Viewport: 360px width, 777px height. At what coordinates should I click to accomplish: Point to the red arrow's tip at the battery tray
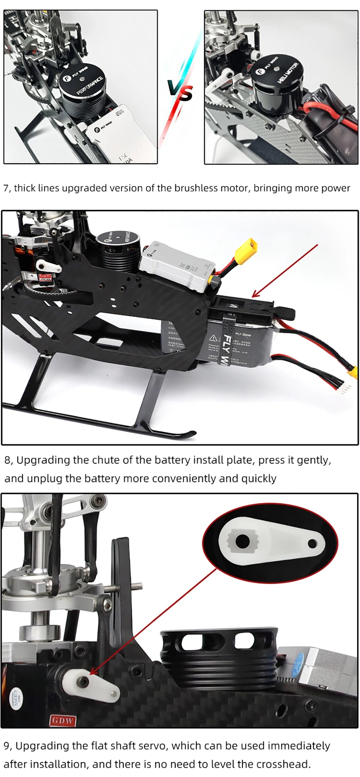(x=253, y=297)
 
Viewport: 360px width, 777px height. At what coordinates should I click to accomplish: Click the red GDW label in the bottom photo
(x=63, y=720)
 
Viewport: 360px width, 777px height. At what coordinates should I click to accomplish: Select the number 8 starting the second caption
(x=8, y=460)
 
